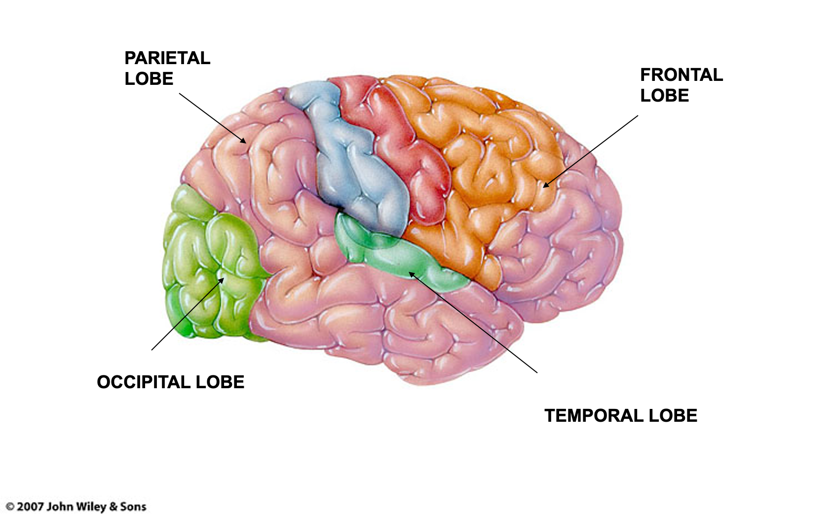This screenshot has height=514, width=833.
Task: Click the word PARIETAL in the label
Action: click(x=167, y=58)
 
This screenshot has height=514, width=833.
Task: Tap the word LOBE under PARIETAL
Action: click(x=149, y=79)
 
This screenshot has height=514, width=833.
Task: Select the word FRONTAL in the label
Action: click(x=681, y=75)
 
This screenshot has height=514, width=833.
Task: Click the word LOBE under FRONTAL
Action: click(x=664, y=96)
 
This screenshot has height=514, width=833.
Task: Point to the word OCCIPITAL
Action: click(x=144, y=382)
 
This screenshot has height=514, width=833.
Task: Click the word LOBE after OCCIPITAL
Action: click(x=220, y=382)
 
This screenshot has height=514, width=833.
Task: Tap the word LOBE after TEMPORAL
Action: click(x=673, y=416)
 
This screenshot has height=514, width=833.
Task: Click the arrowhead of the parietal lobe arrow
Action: click(x=244, y=141)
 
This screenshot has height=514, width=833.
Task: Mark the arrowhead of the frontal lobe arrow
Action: click(x=545, y=185)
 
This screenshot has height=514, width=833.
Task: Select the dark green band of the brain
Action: click(x=395, y=254)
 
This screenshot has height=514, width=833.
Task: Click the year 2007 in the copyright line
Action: click(x=30, y=507)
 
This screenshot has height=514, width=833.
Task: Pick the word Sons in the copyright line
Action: click(x=133, y=507)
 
